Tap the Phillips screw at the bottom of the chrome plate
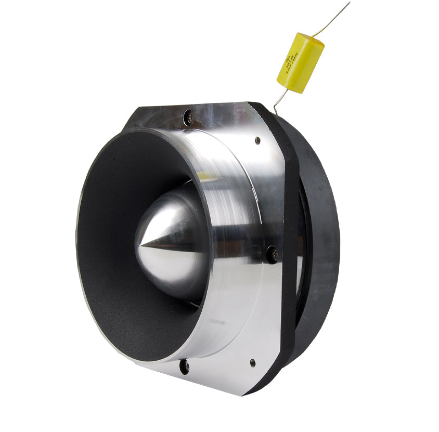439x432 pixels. tap(184, 366)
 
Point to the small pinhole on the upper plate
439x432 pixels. tap(257, 140)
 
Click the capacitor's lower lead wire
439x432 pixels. tap(280, 100)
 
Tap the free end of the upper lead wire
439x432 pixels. tap(349, 3)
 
